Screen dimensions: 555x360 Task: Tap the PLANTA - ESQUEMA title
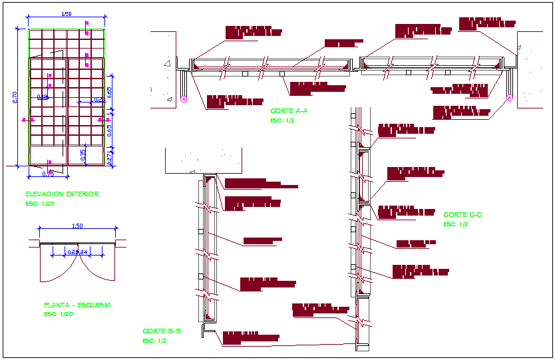[77, 305]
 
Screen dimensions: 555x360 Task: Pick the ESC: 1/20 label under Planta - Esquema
[59, 314]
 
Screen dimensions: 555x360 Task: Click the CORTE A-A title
[288, 111]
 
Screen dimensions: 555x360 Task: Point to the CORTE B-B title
[162, 331]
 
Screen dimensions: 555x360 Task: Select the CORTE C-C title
[462, 214]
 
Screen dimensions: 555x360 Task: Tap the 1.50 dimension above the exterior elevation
[66, 14]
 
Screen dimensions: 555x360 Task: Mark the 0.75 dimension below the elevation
[48, 174]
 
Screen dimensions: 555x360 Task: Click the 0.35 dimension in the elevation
[83, 154]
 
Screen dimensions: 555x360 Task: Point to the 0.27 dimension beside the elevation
[110, 158]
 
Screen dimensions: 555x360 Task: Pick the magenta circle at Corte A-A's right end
[509, 98]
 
